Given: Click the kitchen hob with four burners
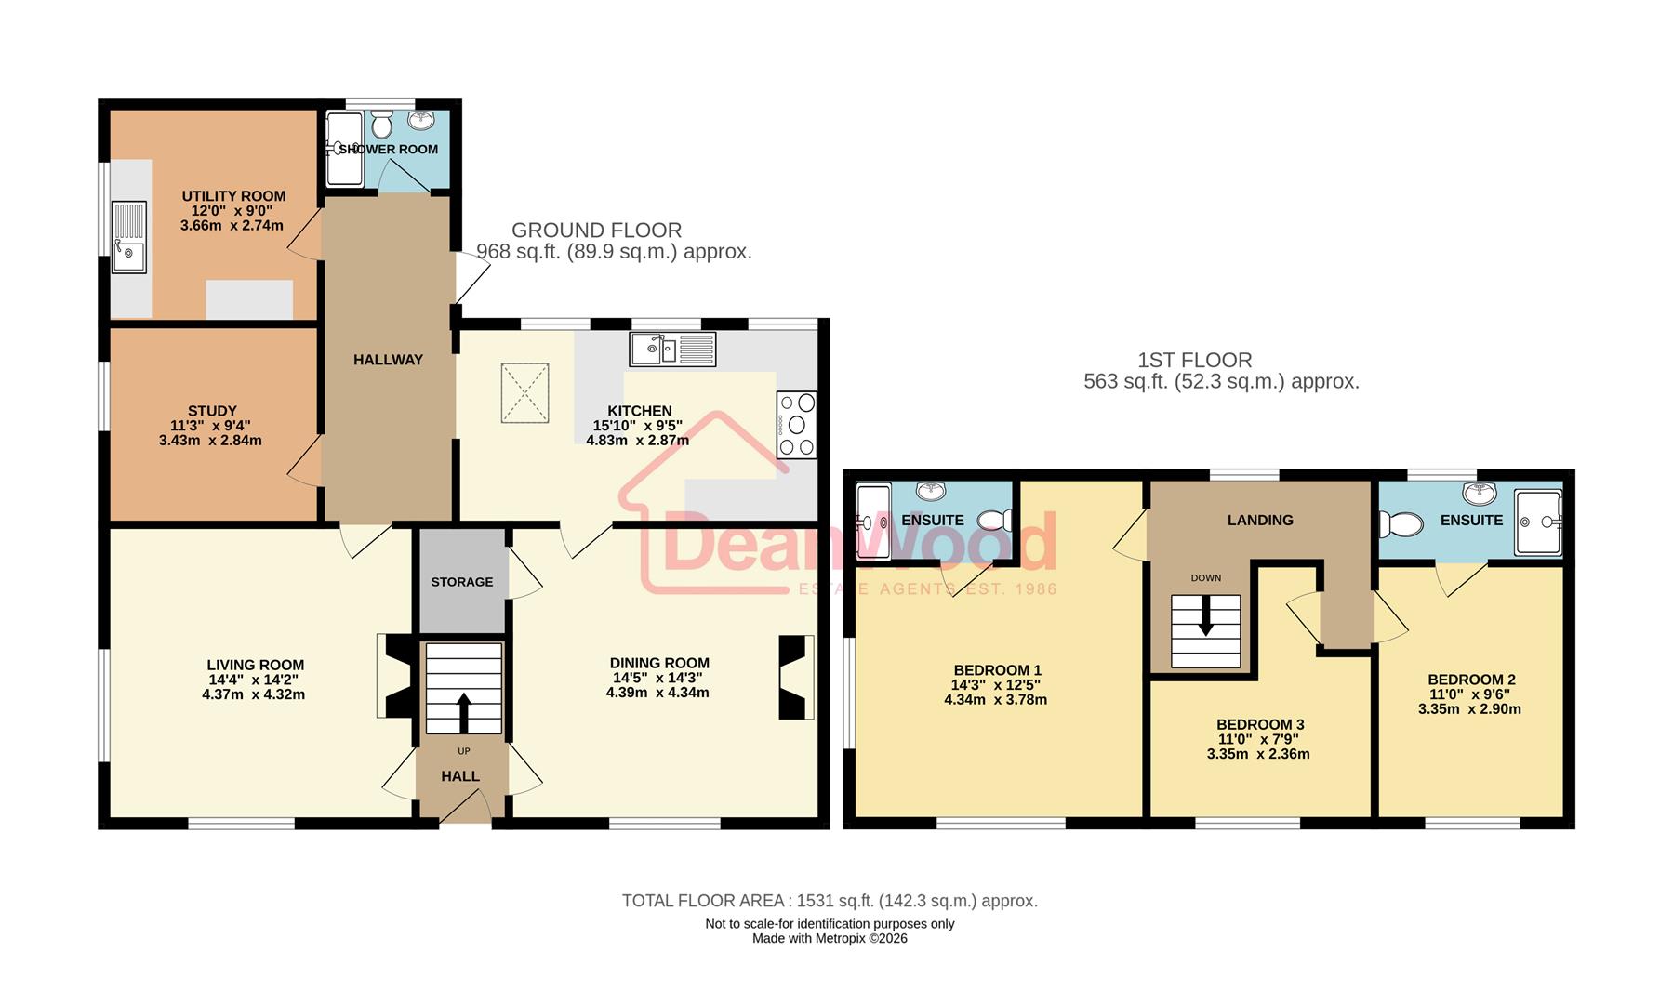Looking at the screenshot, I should [x=797, y=425].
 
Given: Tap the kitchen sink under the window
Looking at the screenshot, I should [x=672, y=350].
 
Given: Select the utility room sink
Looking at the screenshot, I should [x=129, y=237].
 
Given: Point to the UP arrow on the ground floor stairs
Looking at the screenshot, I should [x=463, y=712].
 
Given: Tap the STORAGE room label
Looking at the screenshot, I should [x=462, y=582].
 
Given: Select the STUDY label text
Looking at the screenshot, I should [x=212, y=411].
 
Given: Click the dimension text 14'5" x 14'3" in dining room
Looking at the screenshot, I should [x=658, y=678].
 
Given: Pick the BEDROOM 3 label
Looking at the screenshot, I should [x=1260, y=724].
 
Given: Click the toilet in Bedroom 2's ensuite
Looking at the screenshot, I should [x=1401, y=525].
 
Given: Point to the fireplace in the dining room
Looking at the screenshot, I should [x=795, y=677].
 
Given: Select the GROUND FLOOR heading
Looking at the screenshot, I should [x=596, y=231].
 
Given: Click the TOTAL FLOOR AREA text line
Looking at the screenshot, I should [x=830, y=901].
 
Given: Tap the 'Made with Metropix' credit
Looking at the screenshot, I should [x=830, y=939].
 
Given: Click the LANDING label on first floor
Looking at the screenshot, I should [x=1259, y=521].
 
